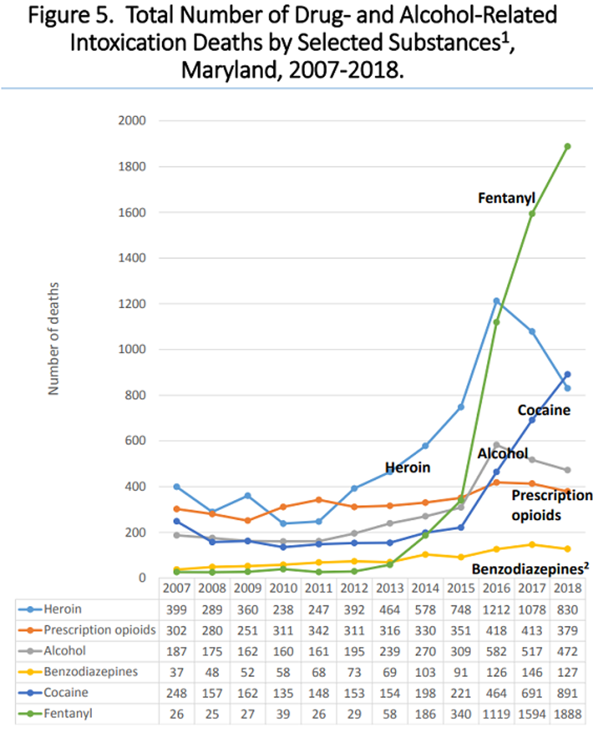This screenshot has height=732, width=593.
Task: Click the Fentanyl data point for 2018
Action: click(x=568, y=146)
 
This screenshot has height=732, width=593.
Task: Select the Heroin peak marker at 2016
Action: click(x=496, y=301)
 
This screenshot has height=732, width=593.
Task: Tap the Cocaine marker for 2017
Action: click(x=532, y=420)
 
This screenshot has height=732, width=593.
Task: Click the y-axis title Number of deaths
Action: click(x=54, y=338)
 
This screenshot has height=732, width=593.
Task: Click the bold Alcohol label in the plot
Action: click(x=502, y=453)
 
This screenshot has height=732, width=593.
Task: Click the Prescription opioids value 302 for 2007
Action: click(x=175, y=630)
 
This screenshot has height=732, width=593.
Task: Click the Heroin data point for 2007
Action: click(x=175, y=486)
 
